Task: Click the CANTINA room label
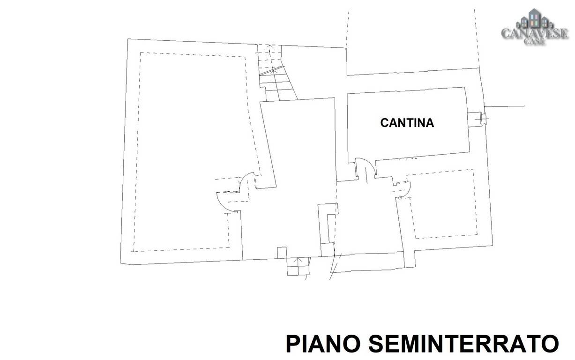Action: coord(407,123)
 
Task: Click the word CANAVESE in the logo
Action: coord(535,33)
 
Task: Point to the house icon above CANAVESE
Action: coord(534,18)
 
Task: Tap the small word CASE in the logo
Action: coord(534,42)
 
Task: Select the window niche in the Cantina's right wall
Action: coord(477,120)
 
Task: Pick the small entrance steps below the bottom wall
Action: coord(298,267)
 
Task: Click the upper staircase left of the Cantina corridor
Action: coord(276,73)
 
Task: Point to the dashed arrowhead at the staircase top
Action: coord(269,46)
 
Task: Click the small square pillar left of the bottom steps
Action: coord(282,253)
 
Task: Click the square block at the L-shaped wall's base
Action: coord(328,249)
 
